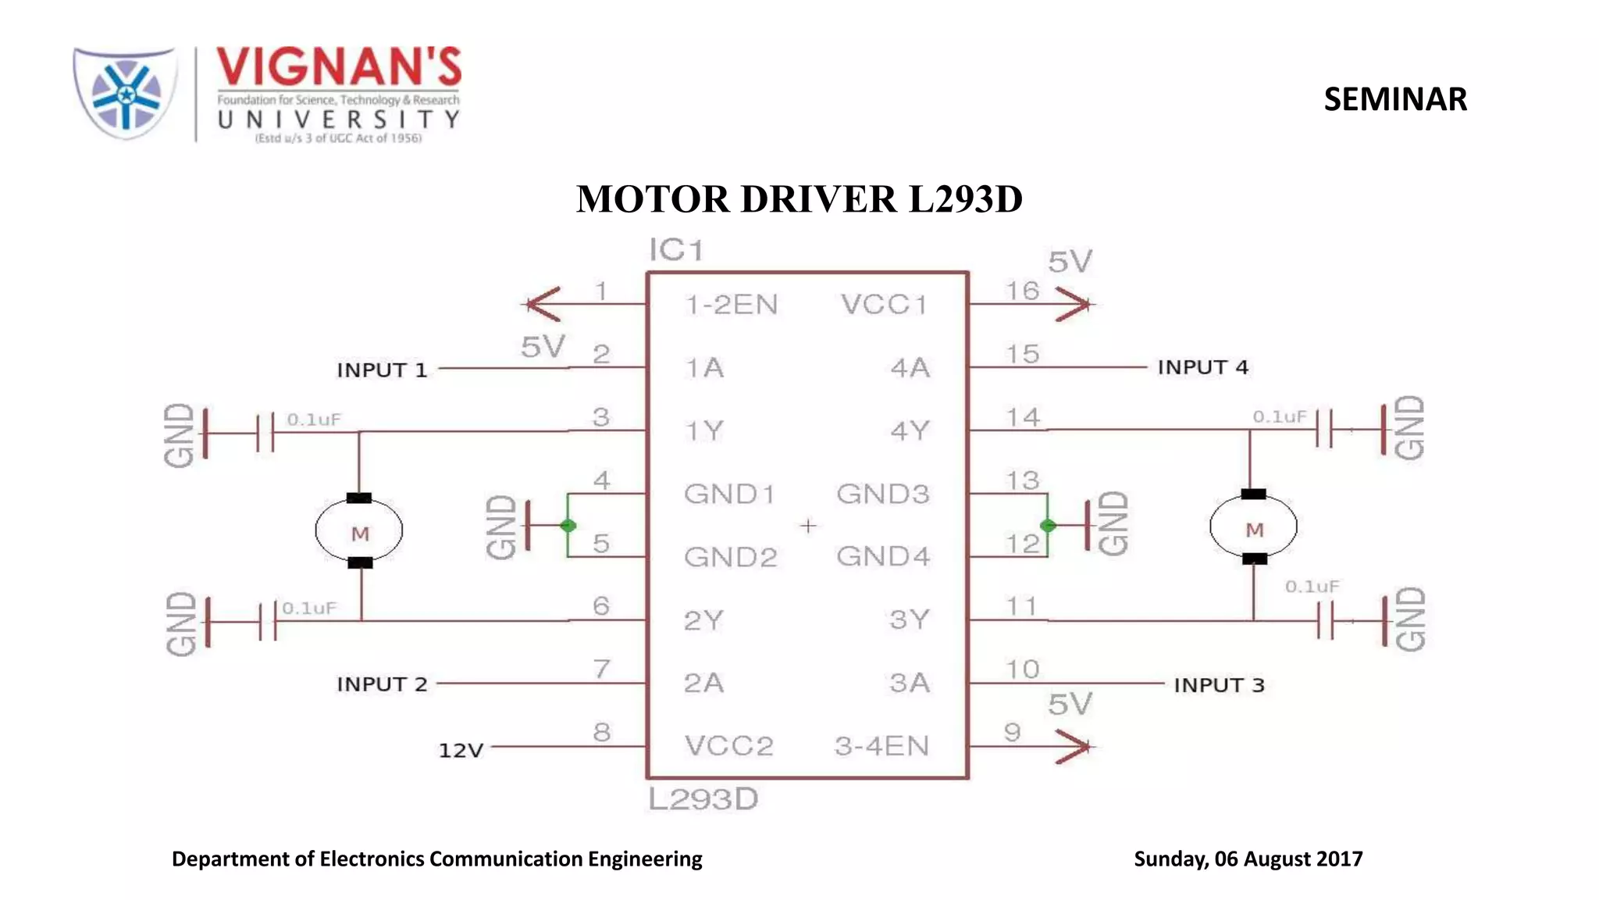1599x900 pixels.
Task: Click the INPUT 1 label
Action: click(382, 370)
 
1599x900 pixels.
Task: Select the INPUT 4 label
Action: click(1202, 367)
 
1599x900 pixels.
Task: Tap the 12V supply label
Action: click(461, 750)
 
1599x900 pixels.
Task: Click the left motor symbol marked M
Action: click(359, 530)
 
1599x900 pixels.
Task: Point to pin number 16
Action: click(1022, 291)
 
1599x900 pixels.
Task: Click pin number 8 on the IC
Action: click(601, 732)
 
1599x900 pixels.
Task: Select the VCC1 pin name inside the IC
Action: click(885, 305)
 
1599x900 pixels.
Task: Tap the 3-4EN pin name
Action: click(881, 746)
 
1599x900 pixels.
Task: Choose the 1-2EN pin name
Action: click(732, 305)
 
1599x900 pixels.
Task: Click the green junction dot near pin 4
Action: click(568, 526)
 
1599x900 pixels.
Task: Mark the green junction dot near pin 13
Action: click(1048, 526)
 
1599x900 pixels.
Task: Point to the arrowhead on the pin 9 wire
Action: click(1074, 747)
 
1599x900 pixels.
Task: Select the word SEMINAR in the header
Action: click(1395, 99)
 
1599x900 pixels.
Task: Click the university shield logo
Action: click(125, 94)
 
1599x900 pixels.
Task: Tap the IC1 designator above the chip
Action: click(676, 250)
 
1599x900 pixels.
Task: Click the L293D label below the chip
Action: click(703, 799)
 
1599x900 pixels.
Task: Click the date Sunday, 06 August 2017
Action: click(1248, 859)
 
